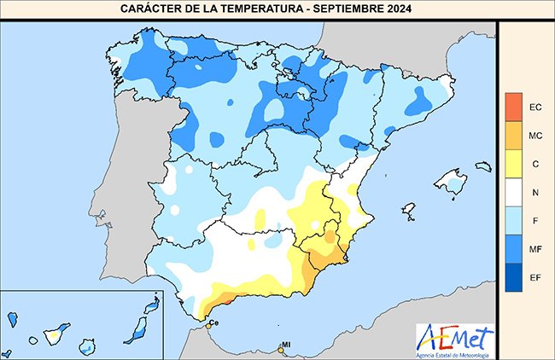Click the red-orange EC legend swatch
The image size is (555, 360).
coord(513,107)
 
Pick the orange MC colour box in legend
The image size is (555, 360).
coord(513,135)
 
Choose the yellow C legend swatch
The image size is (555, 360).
coord(513,164)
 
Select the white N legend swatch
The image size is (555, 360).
coord(513,192)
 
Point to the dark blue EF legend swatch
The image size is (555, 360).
coord(513,277)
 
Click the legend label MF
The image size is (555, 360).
coord(536,249)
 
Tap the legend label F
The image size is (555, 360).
coord(536,221)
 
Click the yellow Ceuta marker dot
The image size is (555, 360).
coord(207,324)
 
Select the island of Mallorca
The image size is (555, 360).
coord(450,180)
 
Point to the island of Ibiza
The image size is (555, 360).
coord(408,208)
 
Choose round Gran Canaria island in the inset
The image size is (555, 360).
coord(87,346)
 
